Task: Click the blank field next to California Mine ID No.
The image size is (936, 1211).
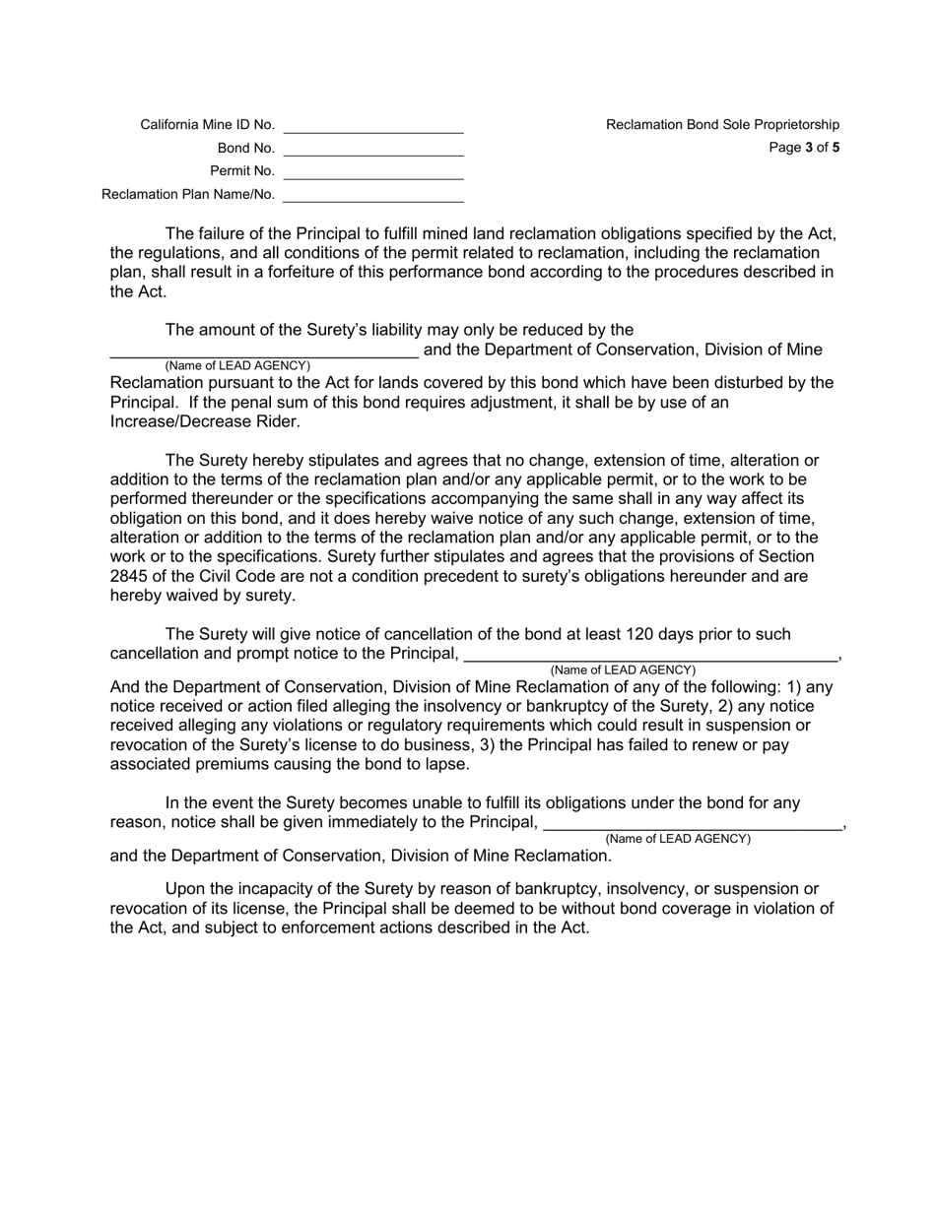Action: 372,125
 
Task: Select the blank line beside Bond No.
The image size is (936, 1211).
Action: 372,149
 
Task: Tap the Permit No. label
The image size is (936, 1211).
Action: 242,171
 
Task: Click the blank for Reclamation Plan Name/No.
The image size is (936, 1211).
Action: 372,195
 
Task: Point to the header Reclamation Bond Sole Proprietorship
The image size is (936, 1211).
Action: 722,125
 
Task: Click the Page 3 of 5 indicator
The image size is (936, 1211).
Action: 805,149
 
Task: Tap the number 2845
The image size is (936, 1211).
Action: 131,576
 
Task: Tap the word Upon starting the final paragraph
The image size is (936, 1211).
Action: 186,889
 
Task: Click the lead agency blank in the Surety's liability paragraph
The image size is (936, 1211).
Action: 264,351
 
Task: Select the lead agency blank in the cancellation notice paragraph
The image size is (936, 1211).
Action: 649,655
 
